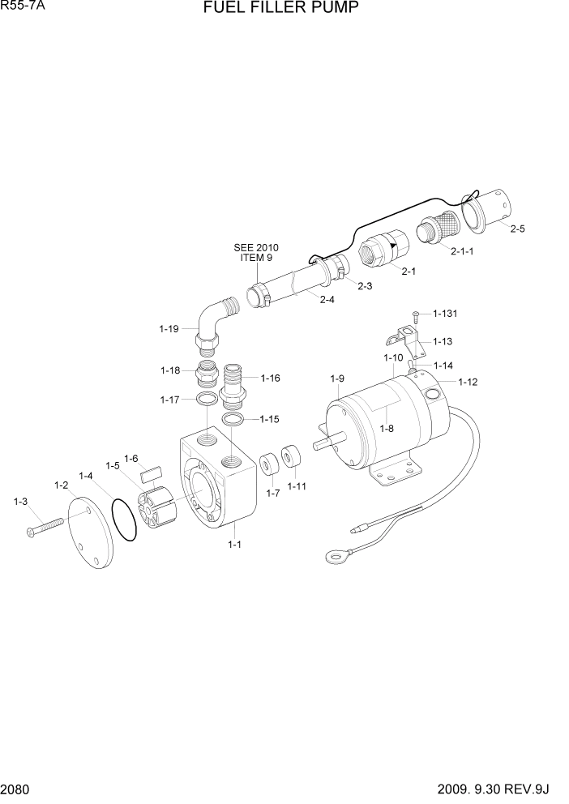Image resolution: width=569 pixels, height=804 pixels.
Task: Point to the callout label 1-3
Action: tap(21, 502)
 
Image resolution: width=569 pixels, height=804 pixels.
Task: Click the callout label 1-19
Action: tap(169, 329)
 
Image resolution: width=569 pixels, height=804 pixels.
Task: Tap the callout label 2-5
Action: tap(517, 229)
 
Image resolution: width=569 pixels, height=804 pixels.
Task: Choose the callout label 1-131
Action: tap(445, 313)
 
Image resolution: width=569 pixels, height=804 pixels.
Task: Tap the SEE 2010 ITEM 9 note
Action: tap(256, 252)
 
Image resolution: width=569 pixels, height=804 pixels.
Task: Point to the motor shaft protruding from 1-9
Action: tap(322, 445)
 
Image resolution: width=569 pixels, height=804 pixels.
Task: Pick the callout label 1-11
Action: tap(297, 486)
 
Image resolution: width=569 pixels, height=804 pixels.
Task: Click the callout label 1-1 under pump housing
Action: tap(234, 544)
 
